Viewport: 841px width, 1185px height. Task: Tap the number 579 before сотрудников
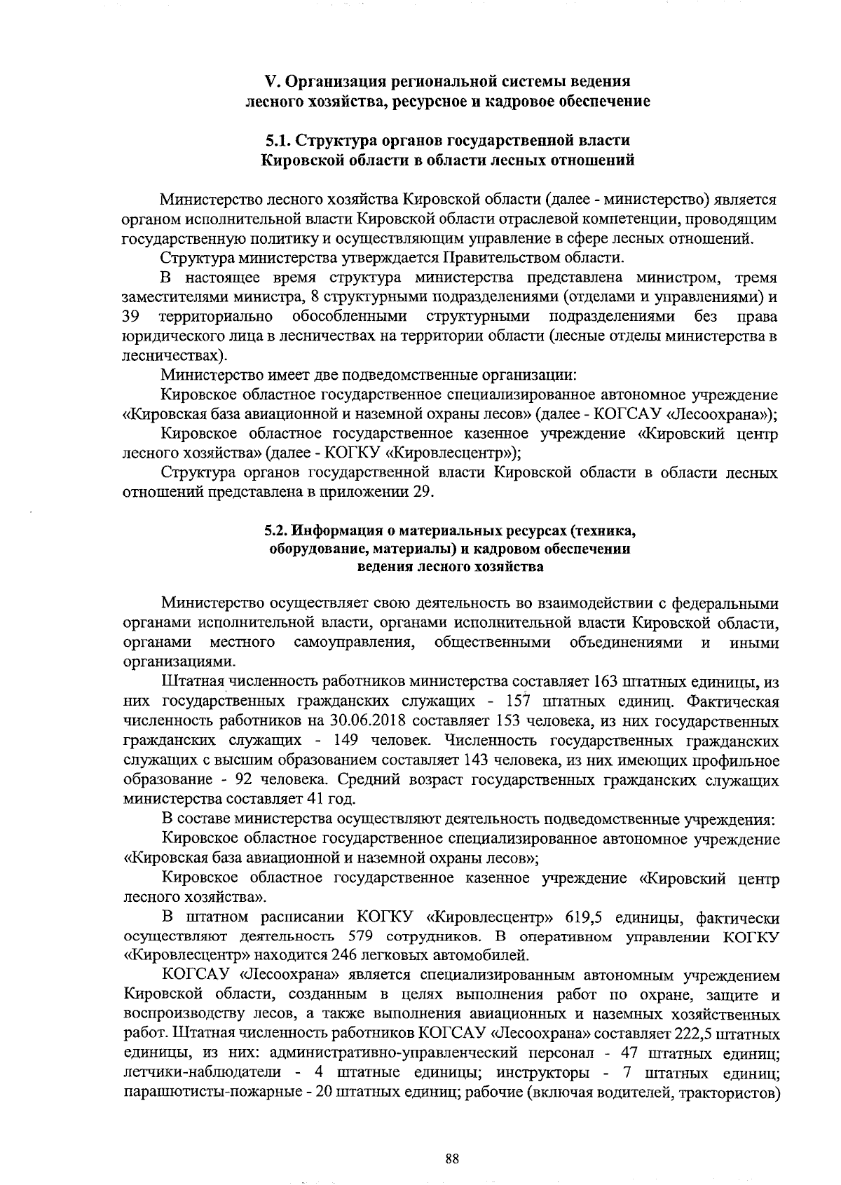pyautogui.click(x=361, y=936)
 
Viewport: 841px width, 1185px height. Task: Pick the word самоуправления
pyautogui.click(x=351, y=643)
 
